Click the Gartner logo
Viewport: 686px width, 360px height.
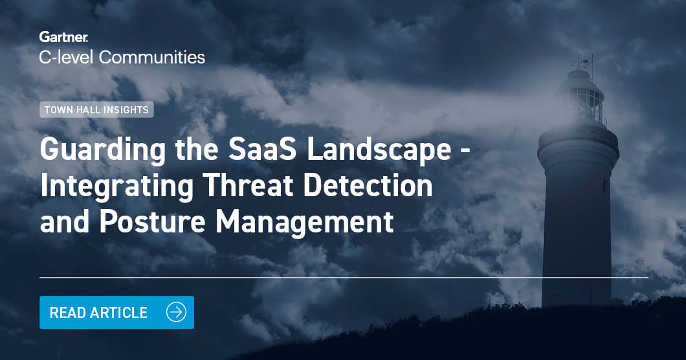63,37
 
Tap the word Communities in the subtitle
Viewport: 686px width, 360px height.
152,57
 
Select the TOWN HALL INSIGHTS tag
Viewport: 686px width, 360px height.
96,110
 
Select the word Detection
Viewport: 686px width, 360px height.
370,186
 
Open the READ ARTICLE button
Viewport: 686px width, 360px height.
116,313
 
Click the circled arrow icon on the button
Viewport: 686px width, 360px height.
175,313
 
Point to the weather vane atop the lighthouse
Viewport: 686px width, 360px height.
582,62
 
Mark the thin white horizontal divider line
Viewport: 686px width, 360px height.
343,277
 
